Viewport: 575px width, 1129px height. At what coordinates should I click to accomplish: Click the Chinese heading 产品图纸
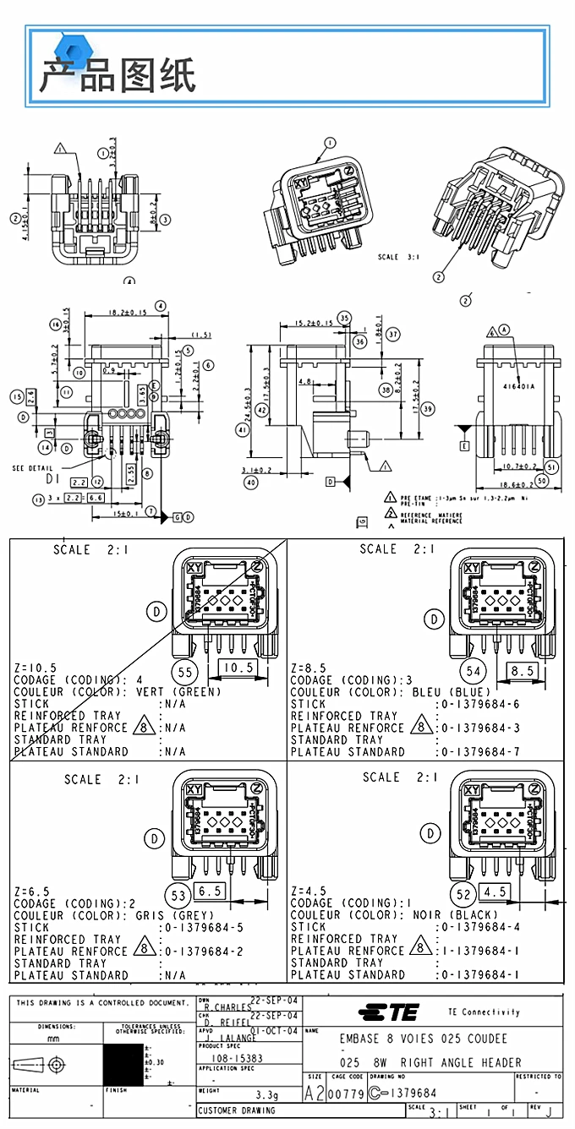117,75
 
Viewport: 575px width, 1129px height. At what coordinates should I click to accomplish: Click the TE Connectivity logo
388,1012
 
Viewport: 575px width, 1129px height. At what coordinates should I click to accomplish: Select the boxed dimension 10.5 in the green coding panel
237,668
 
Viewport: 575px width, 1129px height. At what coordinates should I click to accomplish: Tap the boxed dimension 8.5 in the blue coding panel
523,671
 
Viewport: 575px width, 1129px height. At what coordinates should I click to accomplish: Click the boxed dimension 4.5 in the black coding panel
495,892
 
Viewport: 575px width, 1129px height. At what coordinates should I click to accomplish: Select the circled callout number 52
463,895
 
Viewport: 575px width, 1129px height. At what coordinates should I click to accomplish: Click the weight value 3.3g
268,1095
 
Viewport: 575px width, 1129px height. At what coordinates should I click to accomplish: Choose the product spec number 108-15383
236,1058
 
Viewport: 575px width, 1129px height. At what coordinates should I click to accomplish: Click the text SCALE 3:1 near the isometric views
399,258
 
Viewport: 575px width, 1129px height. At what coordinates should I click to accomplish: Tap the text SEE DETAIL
33,468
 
